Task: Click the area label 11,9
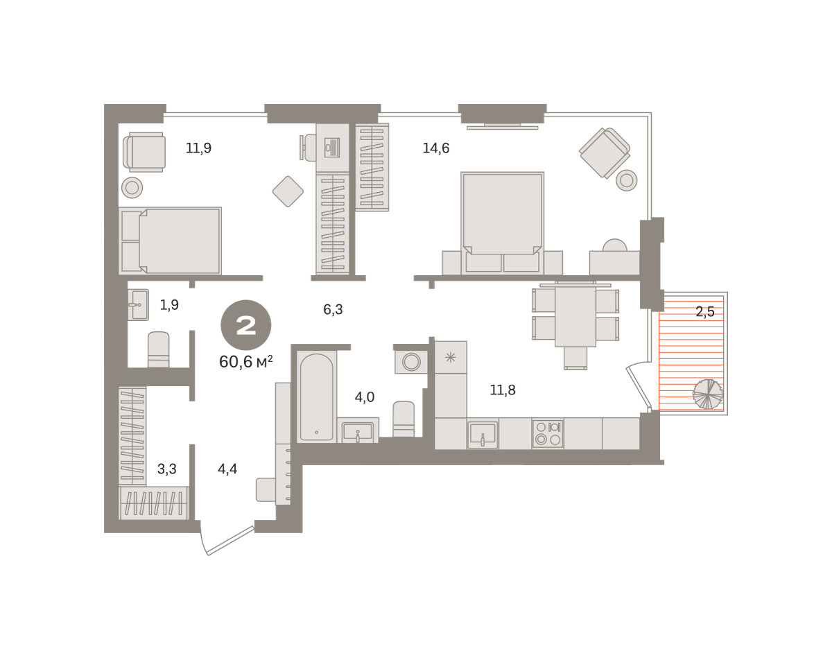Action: pyautogui.click(x=199, y=148)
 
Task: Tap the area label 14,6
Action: pyautogui.click(x=436, y=148)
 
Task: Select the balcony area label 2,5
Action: pyautogui.click(x=705, y=312)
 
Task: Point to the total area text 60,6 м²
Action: pyautogui.click(x=246, y=362)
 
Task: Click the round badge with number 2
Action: pyautogui.click(x=246, y=325)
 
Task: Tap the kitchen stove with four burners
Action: pyautogui.click(x=548, y=434)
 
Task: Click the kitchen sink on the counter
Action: pyautogui.click(x=483, y=435)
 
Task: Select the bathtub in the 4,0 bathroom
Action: pyautogui.click(x=317, y=397)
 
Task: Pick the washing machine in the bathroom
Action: pyautogui.click(x=411, y=362)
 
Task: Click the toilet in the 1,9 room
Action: pyautogui.click(x=159, y=349)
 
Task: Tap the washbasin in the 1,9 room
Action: pyautogui.click(x=138, y=304)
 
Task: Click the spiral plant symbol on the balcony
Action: pyautogui.click(x=707, y=394)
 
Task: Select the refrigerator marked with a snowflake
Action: pyautogui.click(x=451, y=357)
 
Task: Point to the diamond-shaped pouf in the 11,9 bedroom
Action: pyautogui.click(x=288, y=191)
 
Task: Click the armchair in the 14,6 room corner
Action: pyautogui.click(x=605, y=153)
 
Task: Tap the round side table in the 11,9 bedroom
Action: pyautogui.click(x=132, y=188)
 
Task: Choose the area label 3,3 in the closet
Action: pyautogui.click(x=167, y=469)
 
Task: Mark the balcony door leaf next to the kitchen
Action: pyautogui.click(x=639, y=388)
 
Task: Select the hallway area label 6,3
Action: pyautogui.click(x=333, y=309)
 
